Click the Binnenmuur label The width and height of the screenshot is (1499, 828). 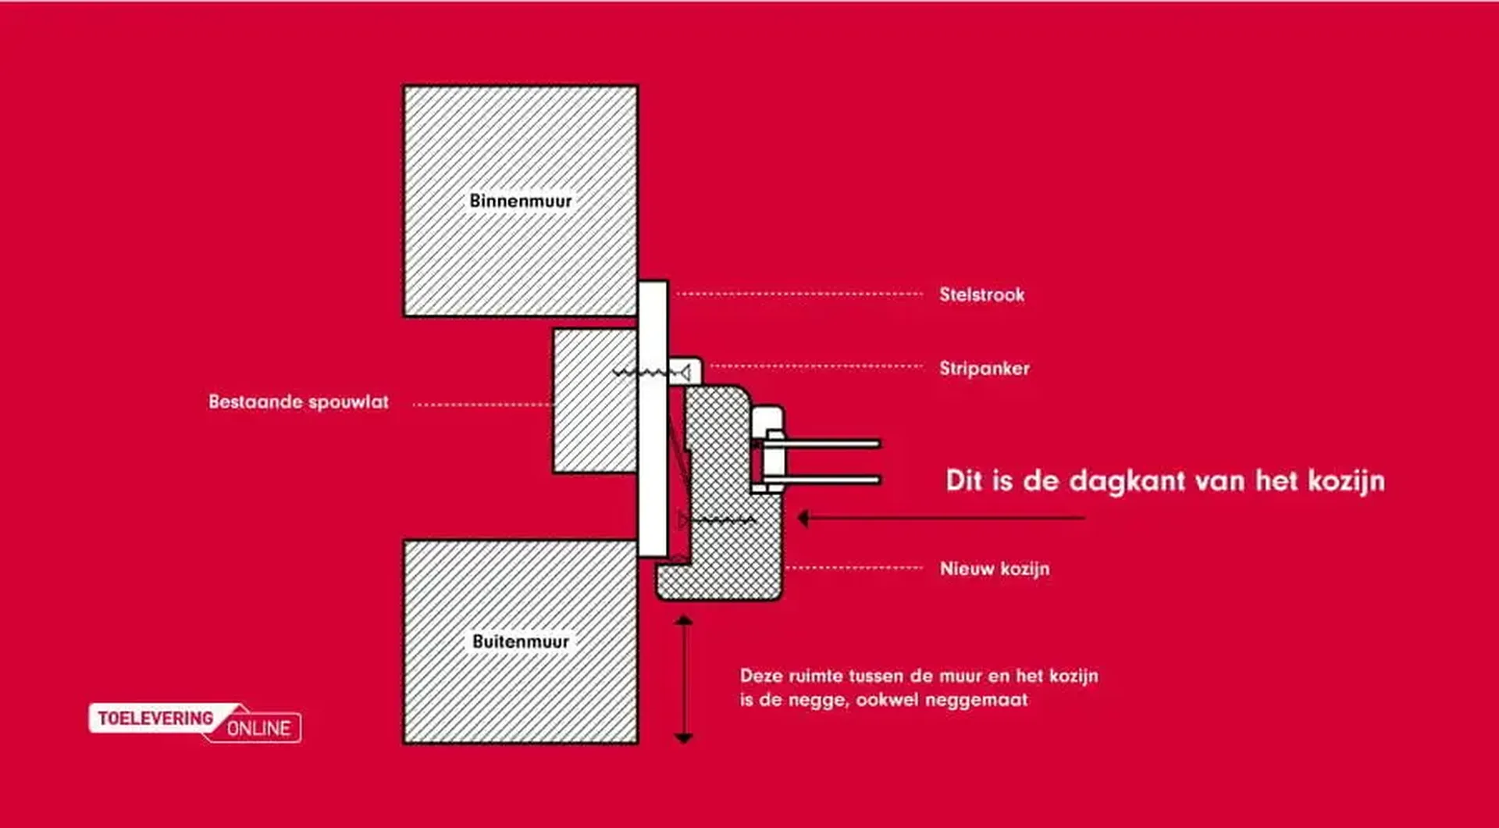(x=521, y=201)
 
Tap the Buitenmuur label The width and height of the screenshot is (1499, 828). (x=521, y=641)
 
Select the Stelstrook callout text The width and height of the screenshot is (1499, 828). (x=981, y=294)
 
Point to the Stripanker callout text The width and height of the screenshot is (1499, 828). (x=984, y=368)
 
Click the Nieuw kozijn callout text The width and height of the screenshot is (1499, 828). (x=995, y=569)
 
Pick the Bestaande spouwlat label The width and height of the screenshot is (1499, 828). (x=298, y=402)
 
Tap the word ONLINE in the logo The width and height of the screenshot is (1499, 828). (x=258, y=728)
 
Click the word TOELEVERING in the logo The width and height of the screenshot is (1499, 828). (x=155, y=718)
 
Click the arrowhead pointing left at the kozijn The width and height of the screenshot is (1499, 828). (x=804, y=517)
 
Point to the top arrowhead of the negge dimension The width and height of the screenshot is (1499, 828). (x=684, y=621)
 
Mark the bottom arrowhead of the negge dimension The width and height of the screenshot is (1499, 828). (x=684, y=737)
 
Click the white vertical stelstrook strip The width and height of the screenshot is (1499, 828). (x=653, y=419)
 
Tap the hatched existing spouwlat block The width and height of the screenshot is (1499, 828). (x=595, y=400)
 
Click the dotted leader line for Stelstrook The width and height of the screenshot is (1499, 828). (x=799, y=294)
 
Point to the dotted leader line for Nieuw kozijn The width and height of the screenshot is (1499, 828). (x=854, y=568)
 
